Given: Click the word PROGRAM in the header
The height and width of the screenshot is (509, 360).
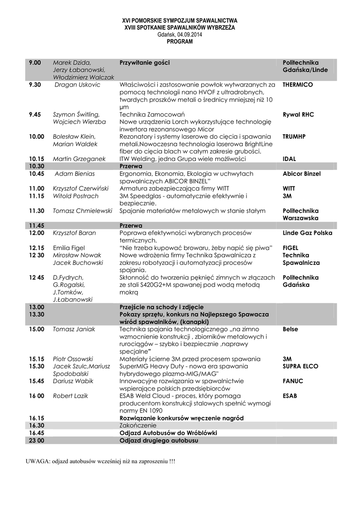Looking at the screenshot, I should pyautogui.click(x=180, y=42).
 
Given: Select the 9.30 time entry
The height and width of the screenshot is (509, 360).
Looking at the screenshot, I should pyautogui.click(x=35, y=85).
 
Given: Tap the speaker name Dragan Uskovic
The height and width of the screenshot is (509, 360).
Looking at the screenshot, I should pyautogui.click(x=78, y=85).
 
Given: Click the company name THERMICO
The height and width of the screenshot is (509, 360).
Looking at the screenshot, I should pyautogui.click(x=297, y=85).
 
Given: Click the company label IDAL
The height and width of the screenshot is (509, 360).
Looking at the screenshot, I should pyautogui.click(x=290, y=159).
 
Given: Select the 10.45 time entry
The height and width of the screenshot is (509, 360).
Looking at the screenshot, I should pyautogui.click(x=37, y=174).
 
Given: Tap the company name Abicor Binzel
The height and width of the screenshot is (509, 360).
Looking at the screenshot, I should pyautogui.click(x=301, y=174).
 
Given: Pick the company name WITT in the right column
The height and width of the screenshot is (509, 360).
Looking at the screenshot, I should pyautogui.click(x=289, y=189).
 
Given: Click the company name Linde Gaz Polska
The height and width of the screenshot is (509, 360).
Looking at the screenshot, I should pyautogui.click(x=307, y=233).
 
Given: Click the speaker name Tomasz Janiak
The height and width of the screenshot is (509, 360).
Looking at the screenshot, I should pyautogui.click(x=74, y=329).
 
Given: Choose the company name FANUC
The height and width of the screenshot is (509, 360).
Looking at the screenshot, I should pyautogui.click(x=293, y=381).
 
